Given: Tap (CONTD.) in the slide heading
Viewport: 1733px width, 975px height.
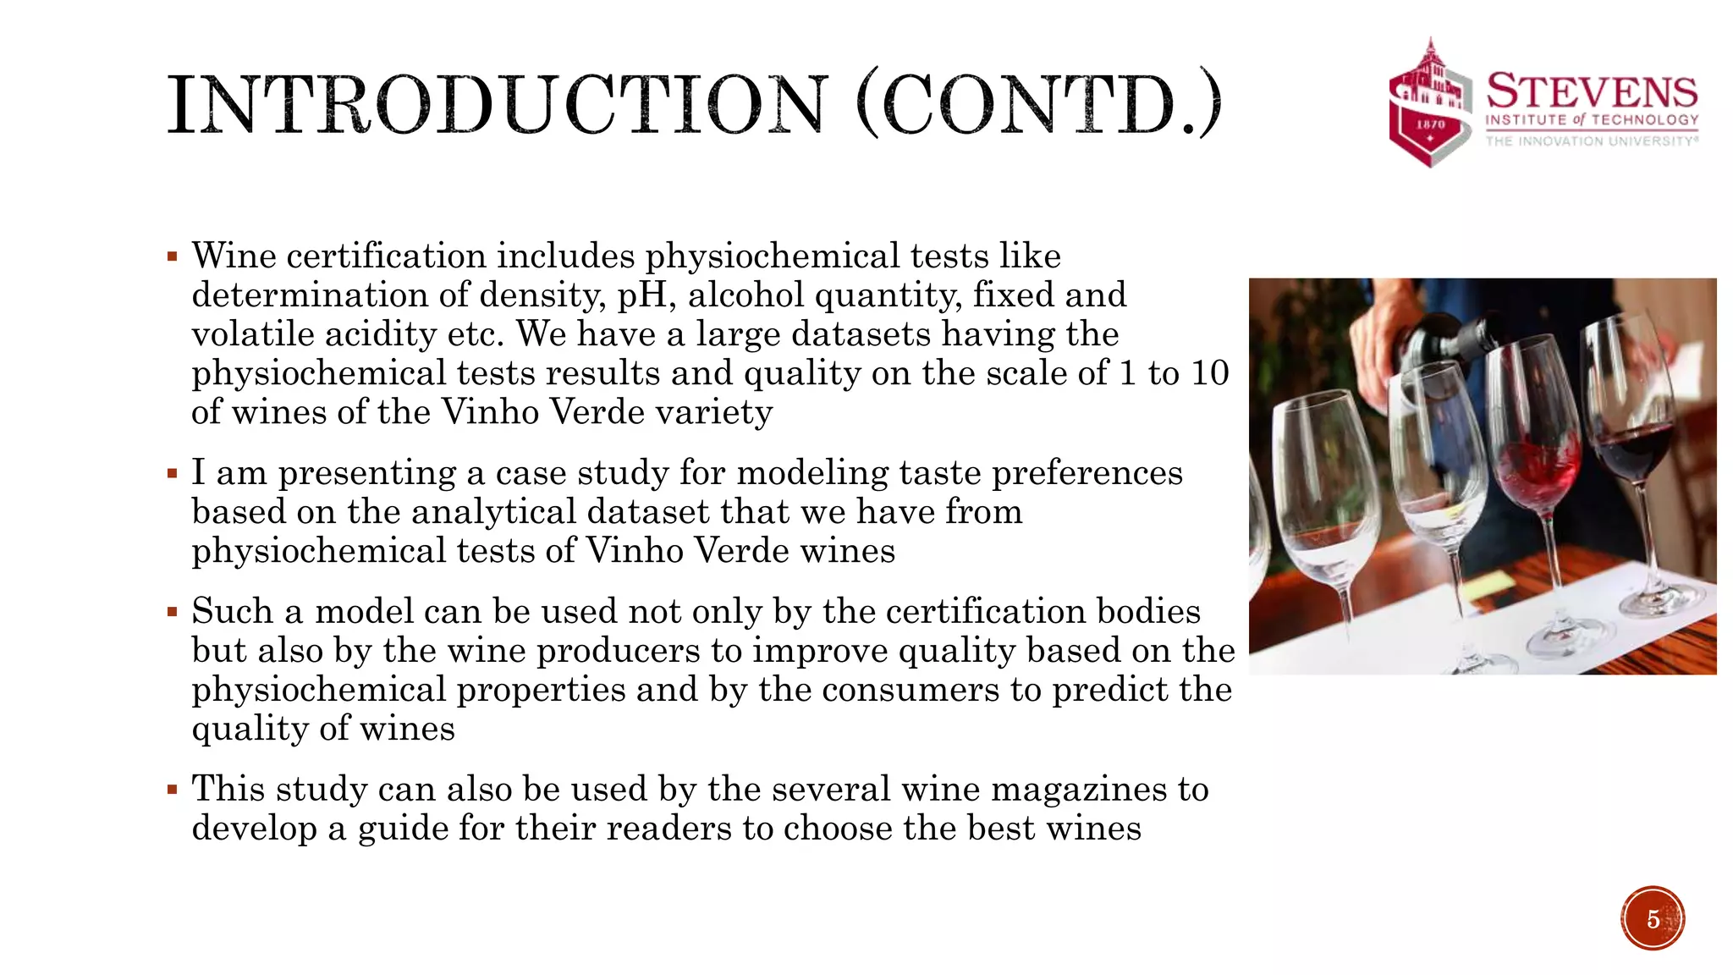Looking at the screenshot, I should (1039, 105).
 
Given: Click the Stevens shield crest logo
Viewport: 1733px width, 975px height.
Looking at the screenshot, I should (1430, 103).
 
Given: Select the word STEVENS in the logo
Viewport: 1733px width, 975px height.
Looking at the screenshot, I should (1592, 91).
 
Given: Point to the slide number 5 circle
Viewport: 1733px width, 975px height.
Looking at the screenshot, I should (1653, 918).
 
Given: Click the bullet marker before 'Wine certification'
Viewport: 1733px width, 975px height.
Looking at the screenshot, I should (173, 256).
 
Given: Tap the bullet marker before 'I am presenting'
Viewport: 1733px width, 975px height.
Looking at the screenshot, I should (173, 473).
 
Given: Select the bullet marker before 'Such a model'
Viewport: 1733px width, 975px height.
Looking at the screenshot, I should (173, 612).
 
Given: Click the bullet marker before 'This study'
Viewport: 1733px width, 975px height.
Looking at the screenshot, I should (173, 790).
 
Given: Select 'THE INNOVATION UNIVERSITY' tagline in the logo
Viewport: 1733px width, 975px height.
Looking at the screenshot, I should (1592, 141).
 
